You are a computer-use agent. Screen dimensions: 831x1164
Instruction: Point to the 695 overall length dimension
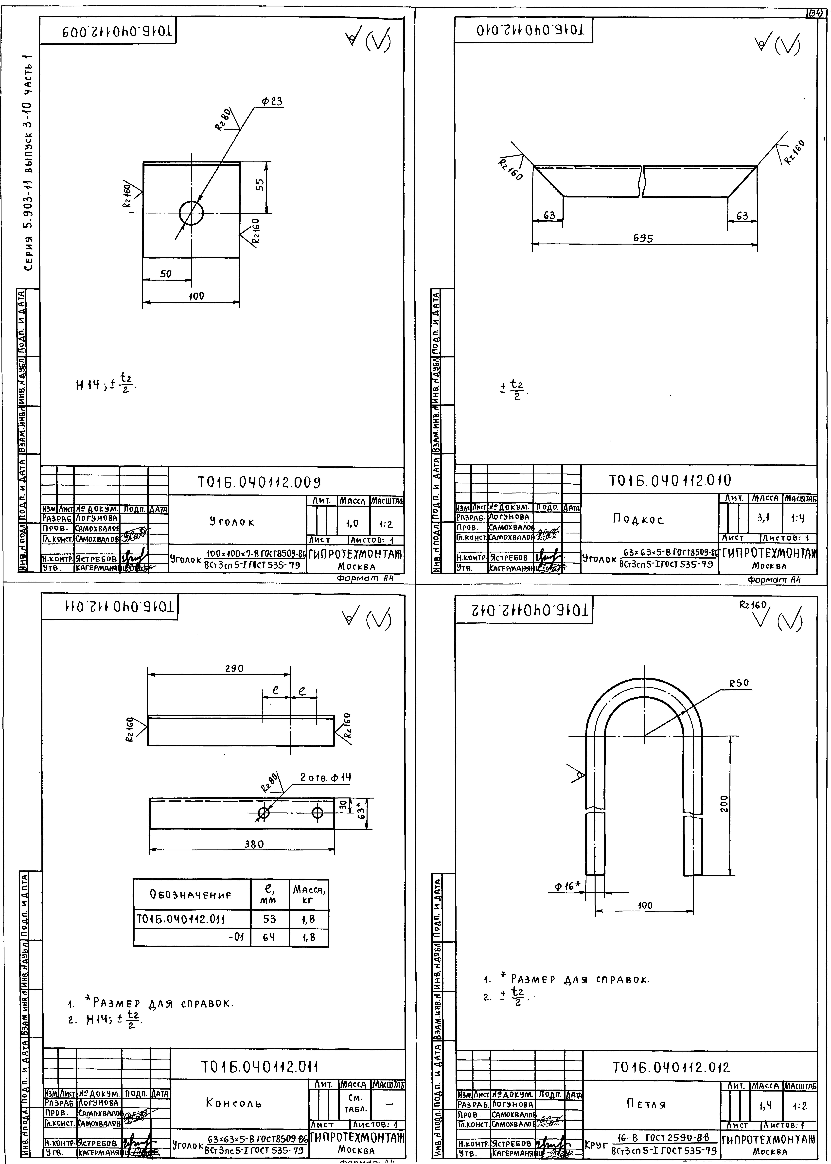(643, 238)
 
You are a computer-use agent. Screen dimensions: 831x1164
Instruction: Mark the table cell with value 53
(270, 919)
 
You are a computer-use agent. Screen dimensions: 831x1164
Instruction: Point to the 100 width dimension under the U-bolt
(645, 905)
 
